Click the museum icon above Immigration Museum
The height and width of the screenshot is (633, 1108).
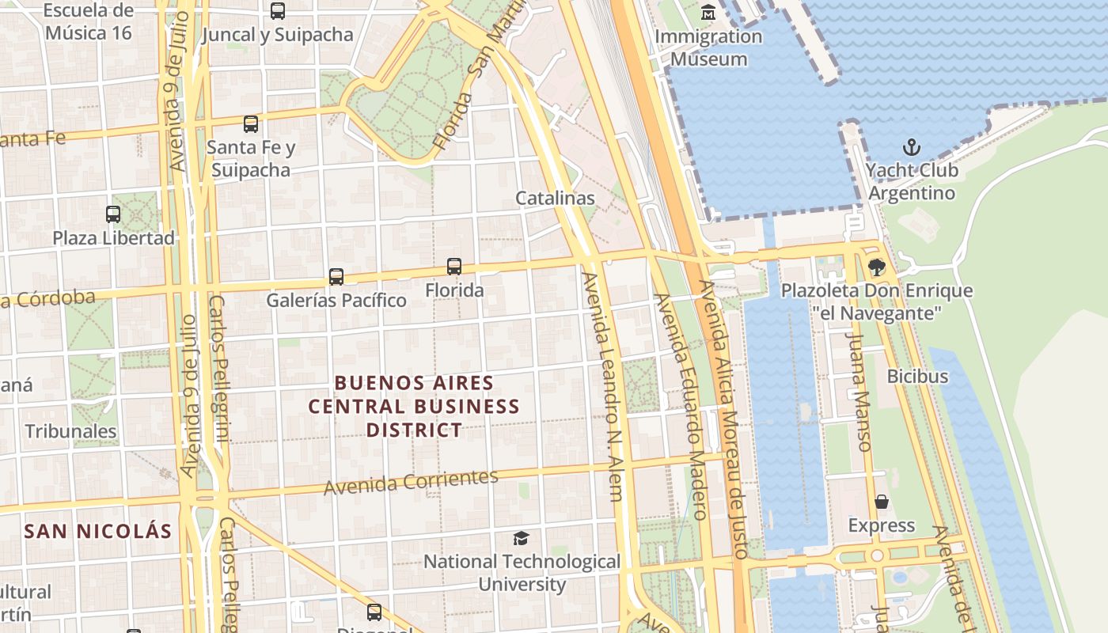(x=708, y=13)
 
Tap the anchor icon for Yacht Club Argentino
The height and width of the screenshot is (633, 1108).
(x=912, y=147)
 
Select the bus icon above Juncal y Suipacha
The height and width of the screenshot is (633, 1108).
(x=277, y=11)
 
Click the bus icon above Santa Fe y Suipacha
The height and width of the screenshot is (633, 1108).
(x=251, y=124)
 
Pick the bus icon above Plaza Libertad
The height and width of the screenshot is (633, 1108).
(x=113, y=214)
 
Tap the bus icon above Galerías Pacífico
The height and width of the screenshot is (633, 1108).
(x=336, y=277)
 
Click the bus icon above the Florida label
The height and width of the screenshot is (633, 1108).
(x=454, y=267)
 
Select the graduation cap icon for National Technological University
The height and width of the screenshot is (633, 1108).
(x=521, y=539)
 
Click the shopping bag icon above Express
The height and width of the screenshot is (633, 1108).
(x=881, y=502)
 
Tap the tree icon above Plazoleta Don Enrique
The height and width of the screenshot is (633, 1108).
(x=876, y=267)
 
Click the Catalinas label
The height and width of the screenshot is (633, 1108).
(x=555, y=198)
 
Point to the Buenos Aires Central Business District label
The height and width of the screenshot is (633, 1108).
(x=414, y=406)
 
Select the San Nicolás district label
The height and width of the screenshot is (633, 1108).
(x=98, y=531)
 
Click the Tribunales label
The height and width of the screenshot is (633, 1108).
(x=70, y=431)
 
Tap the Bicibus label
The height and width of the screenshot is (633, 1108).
(x=917, y=376)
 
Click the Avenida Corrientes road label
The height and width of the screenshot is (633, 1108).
(x=411, y=481)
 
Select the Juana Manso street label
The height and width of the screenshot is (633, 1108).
(x=859, y=391)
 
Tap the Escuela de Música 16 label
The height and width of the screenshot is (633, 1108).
(x=89, y=22)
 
